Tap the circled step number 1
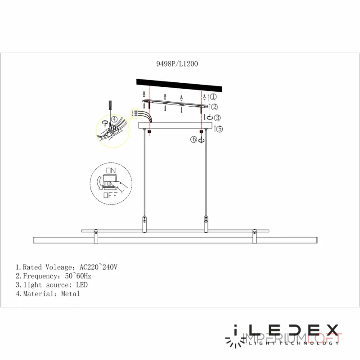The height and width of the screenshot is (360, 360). click(x=214, y=96)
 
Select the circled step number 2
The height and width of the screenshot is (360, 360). click(x=215, y=107)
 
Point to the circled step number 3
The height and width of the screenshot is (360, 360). click(x=217, y=118)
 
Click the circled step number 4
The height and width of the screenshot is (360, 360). click(x=114, y=119)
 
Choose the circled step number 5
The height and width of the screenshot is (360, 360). click(x=220, y=129)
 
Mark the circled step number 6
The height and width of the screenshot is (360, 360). click(x=193, y=140)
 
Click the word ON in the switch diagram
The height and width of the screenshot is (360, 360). click(x=110, y=171)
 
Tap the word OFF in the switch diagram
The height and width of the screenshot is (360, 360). click(x=110, y=195)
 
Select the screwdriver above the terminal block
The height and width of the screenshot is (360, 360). click(x=109, y=108)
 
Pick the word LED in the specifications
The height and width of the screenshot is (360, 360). click(x=82, y=285)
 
